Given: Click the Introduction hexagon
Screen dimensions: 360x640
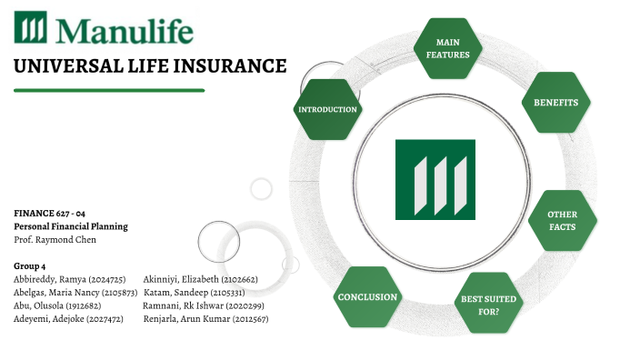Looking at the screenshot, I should [328, 109].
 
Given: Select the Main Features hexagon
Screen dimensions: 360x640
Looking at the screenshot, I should [447, 48].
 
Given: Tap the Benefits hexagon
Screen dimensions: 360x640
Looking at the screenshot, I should [555, 103].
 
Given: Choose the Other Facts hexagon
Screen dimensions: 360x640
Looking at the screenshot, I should [562, 221].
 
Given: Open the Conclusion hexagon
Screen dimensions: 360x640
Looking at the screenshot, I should [367, 296].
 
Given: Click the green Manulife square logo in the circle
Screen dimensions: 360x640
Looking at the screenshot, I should [435, 179].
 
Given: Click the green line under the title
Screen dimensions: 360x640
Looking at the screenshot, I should [109, 90].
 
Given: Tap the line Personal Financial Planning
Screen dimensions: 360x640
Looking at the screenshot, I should [71, 226].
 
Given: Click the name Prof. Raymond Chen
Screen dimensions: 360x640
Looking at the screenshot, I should [53, 240].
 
